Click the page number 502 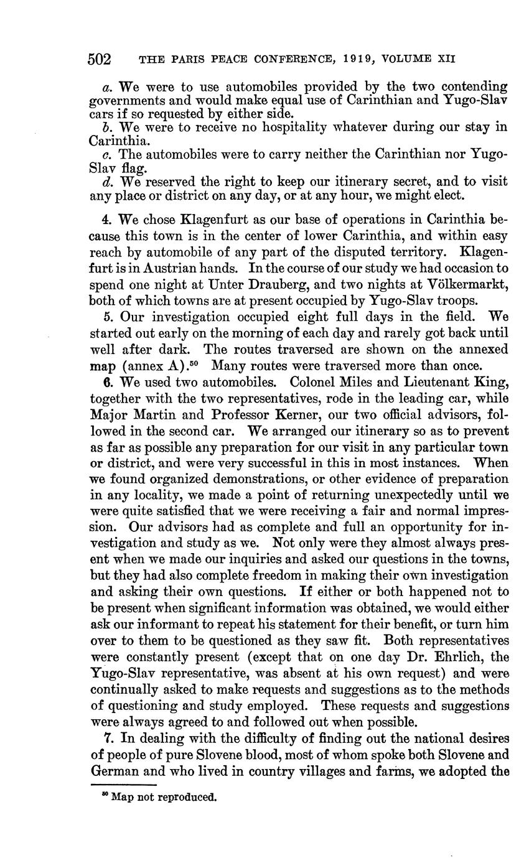[100, 60]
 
